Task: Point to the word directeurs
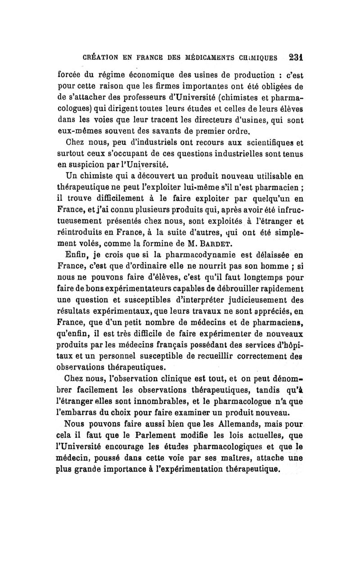pos(221,121)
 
